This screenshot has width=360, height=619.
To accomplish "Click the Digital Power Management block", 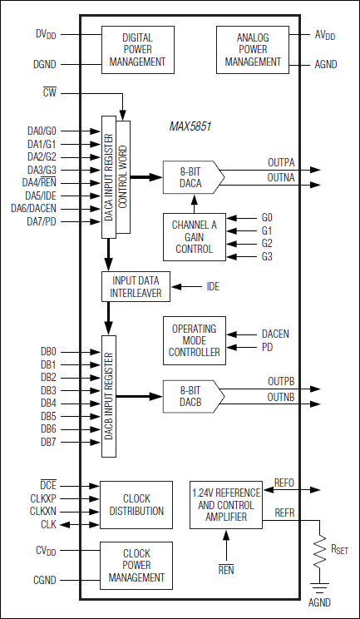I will [x=137, y=49].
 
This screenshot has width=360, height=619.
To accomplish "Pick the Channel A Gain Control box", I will [x=193, y=236].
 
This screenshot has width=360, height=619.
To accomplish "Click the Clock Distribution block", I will [x=136, y=504].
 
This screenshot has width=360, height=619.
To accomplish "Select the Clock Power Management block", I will [x=136, y=565].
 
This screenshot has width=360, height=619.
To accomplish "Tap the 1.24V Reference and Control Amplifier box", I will [x=226, y=504].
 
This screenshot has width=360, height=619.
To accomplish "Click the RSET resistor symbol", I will [x=319, y=550].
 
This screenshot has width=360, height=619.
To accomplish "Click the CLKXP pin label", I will [x=43, y=498].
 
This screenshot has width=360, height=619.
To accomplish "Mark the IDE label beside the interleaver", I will [x=213, y=286].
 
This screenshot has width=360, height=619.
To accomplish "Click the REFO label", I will [x=284, y=483].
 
